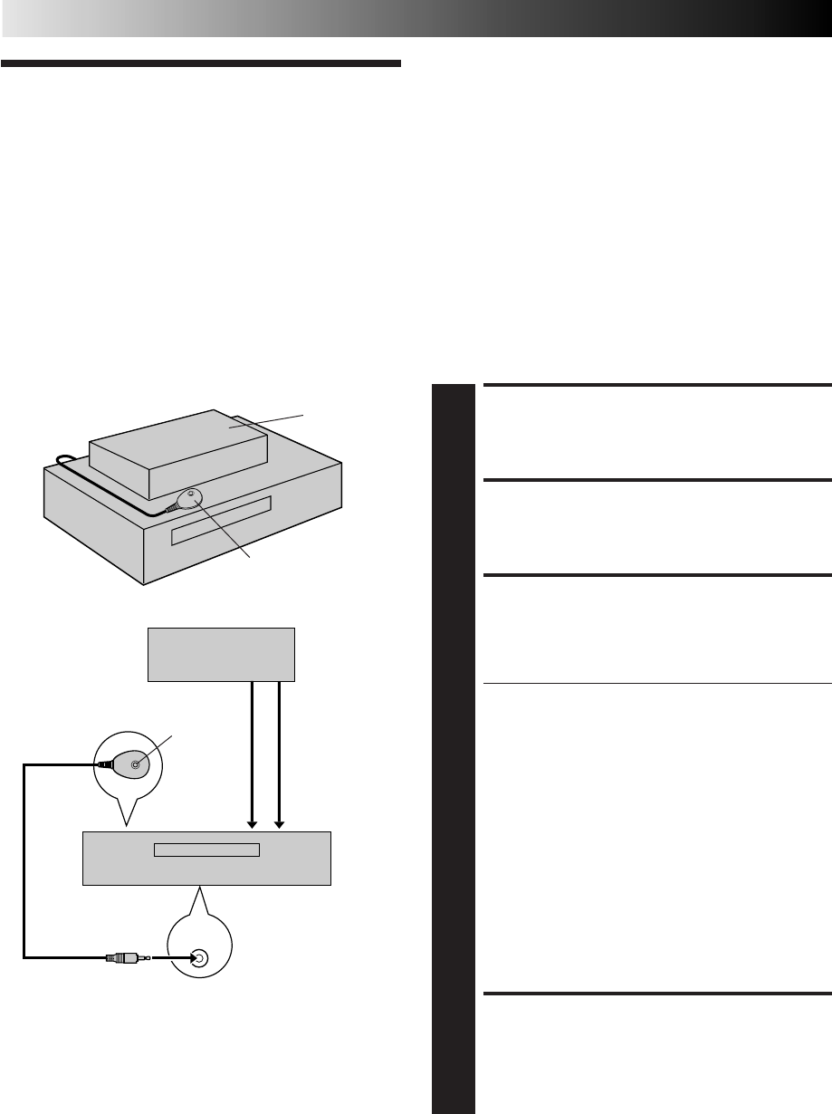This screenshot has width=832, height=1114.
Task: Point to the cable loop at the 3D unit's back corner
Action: tap(62, 462)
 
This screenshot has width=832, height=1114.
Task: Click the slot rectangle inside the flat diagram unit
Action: tap(206, 850)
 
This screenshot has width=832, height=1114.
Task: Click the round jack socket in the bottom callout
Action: tap(197, 957)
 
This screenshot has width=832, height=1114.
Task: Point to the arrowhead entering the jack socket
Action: tap(182, 956)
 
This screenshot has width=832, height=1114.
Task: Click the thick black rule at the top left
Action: tap(200, 64)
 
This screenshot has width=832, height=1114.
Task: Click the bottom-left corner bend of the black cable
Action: tap(24, 956)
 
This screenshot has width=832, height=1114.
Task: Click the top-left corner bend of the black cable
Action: tap(24, 765)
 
